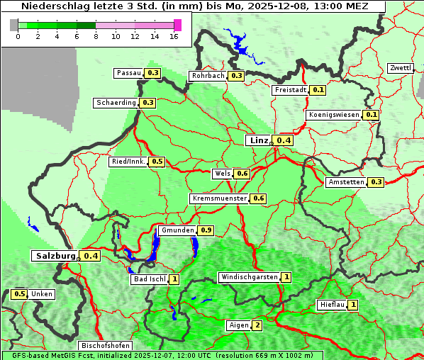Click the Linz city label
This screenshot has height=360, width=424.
(x=258, y=140)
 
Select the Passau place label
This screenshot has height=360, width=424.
(x=129, y=73)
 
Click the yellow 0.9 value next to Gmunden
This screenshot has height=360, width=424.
(x=206, y=230)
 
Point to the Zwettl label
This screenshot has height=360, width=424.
(x=401, y=68)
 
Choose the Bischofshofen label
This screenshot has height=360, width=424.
(x=105, y=346)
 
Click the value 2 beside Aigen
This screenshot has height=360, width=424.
(x=257, y=325)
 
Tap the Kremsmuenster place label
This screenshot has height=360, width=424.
(x=219, y=198)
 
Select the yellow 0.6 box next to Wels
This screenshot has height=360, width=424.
(x=242, y=174)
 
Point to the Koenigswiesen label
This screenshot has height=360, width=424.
(x=334, y=115)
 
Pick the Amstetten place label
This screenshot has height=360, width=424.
(x=346, y=182)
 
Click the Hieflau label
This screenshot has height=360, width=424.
(x=332, y=305)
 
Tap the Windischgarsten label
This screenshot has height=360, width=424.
(x=248, y=277)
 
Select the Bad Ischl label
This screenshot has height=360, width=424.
(x=149, y=279)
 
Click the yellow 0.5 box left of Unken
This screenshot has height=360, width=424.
(x=20, y=294)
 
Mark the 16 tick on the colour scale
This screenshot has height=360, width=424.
(x=174, y=36)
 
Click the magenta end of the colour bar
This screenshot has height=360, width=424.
(x=177, y=25)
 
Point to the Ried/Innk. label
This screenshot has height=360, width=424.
(x=128, y=162)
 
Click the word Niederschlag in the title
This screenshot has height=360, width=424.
(x=52, y=6)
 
